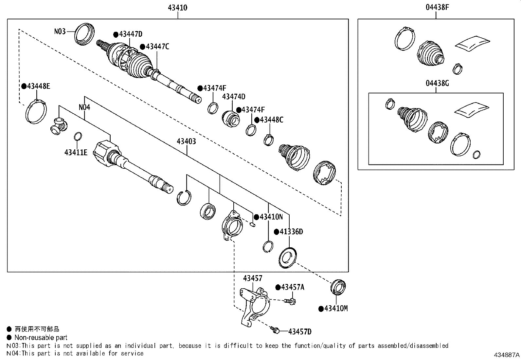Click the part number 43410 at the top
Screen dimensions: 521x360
point(177,8)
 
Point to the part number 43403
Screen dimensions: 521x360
point(186,141)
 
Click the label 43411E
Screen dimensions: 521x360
point(76,153)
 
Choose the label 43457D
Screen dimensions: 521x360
point(300,332)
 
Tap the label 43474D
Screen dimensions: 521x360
point(234,97)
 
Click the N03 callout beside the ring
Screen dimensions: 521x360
point(60,31)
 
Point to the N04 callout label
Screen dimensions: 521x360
point(84,107)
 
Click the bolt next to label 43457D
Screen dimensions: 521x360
point(275,330)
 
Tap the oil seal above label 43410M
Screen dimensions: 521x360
point(338,287)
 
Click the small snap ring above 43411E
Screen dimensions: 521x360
point(78,137)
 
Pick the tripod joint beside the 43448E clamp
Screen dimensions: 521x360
point(59,126)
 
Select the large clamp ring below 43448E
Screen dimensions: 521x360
point(36,111)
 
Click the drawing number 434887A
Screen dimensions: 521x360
point(507,355)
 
